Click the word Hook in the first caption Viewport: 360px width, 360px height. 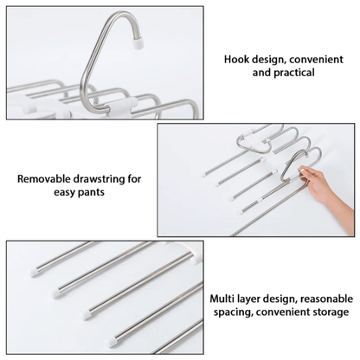click(236, 60)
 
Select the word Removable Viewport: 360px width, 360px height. click(43, 179)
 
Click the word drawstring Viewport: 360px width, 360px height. click(99, 179)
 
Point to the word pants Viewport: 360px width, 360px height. click(91, 192)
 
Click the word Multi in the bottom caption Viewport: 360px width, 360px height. click(221, 299)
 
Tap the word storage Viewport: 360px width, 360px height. click(331, 312)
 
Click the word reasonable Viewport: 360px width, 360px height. click(326, 299)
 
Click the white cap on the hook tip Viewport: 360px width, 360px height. click(138, 43)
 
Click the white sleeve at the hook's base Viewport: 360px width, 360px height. click(121, 106)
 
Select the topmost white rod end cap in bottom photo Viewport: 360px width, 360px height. click(35, 272)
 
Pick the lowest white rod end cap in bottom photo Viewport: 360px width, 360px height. click(110, 343)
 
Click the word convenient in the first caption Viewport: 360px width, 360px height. click(316, 60)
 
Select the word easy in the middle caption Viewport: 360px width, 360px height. click(64, 192)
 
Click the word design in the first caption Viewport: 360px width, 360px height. click(268, 60)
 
